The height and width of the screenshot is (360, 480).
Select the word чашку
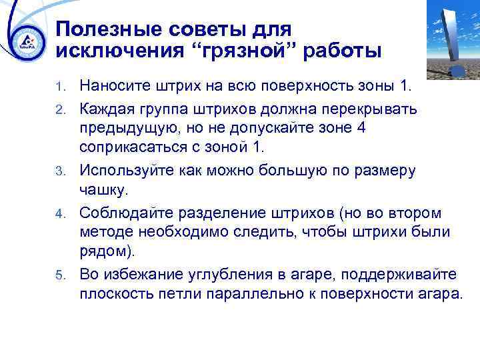(102, 190)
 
